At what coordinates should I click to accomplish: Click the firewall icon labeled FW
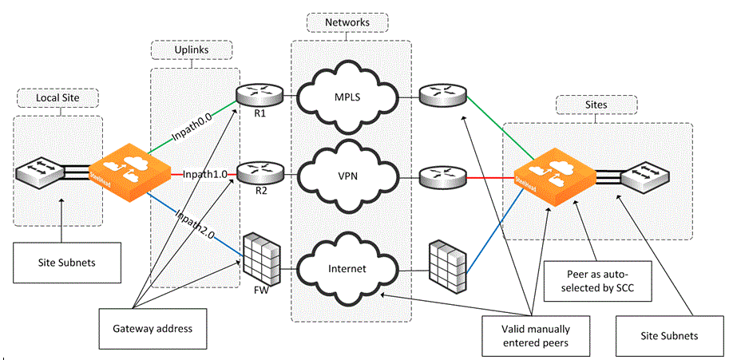point(262,259)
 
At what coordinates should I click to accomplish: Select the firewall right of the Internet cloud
point(446,260)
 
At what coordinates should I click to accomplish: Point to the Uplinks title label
point(192,50)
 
